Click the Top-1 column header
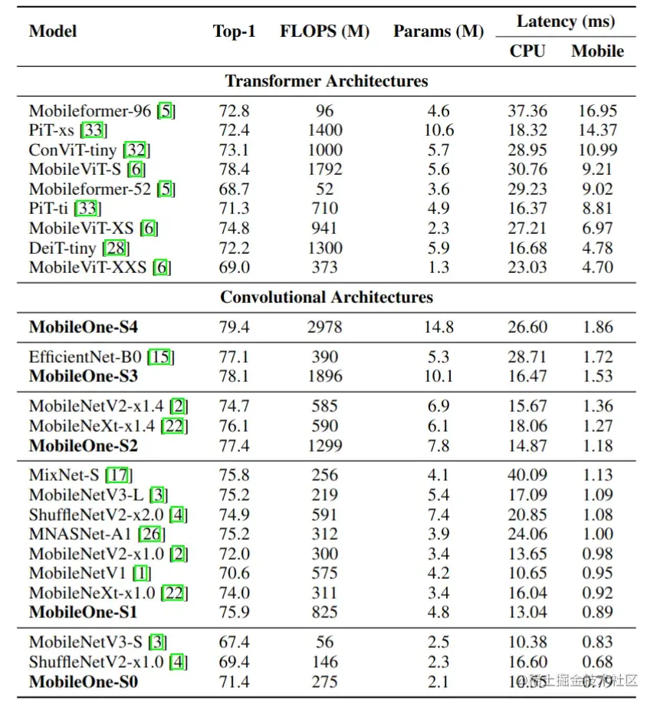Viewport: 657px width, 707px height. (234, 31)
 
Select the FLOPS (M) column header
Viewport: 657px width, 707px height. (324, 31)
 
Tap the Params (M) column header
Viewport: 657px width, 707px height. (439, 31)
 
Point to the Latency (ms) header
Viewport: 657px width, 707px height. (566, 21)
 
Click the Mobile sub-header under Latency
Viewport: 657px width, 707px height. (597, 51)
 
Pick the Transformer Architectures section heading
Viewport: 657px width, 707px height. (327, 81)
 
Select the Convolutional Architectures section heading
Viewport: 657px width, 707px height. (327, 298)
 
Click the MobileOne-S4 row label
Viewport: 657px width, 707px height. (84, 327)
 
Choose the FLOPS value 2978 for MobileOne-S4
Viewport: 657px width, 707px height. (324, 327)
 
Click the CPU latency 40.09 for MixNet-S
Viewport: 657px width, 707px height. (527, 475)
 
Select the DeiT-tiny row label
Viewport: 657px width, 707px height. (63, 248)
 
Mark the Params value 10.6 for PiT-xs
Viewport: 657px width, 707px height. (439, 130)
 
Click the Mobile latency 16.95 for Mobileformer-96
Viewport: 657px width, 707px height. (597, 111)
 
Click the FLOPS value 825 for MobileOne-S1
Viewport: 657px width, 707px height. (324, 613)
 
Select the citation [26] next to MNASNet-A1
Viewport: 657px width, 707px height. (151, 534)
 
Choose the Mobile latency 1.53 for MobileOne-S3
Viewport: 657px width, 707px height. (597, 377)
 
